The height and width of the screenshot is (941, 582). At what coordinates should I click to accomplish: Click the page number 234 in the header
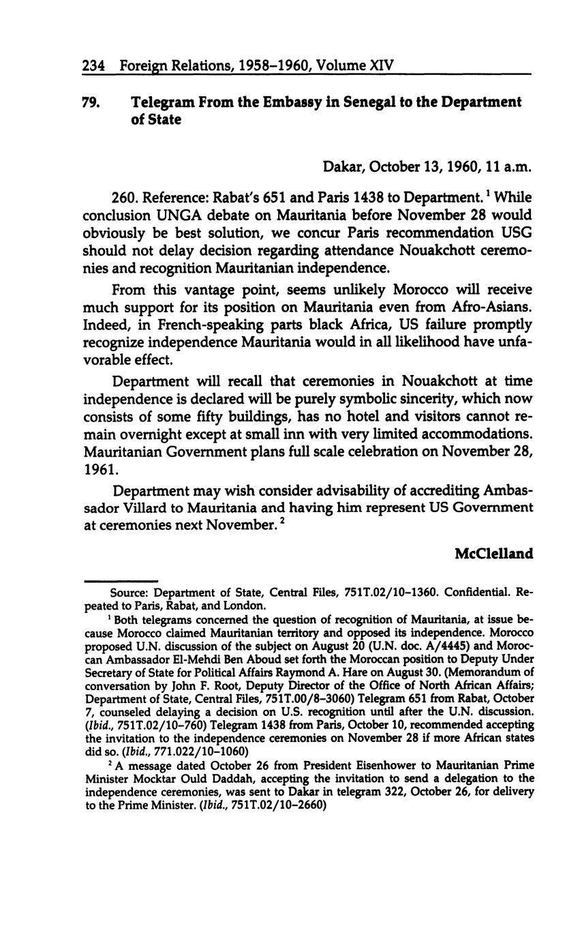pyautogui.click(x=93, y=66)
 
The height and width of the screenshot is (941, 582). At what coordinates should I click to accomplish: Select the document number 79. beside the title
pyautogui.click(x=91, y=102)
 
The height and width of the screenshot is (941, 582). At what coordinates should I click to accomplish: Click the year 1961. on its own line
pyautogui.click(x=100, y=470)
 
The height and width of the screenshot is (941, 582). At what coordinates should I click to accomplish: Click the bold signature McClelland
pyautogui.click(x=493, y=553)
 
